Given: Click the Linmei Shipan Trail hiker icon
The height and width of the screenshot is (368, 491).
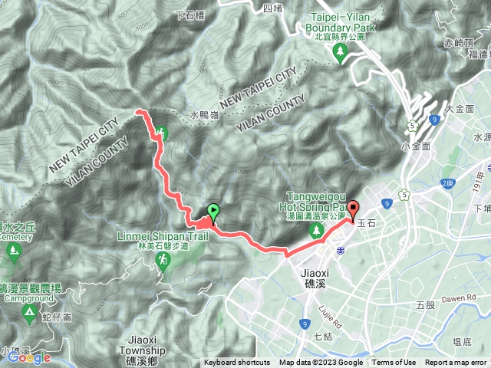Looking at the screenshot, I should click(x=163, y=261).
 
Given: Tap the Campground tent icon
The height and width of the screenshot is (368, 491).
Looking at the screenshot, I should click(x=29, y=311).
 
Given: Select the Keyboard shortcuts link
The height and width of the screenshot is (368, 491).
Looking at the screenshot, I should click(x=237, y=363).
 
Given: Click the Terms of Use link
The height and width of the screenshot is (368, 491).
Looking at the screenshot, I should click(x=394, y=363).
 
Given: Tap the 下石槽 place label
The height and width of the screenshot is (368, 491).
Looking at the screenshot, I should click(x=191, y=13).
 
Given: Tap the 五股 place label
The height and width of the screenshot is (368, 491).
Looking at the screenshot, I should click(x=426, y=305).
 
